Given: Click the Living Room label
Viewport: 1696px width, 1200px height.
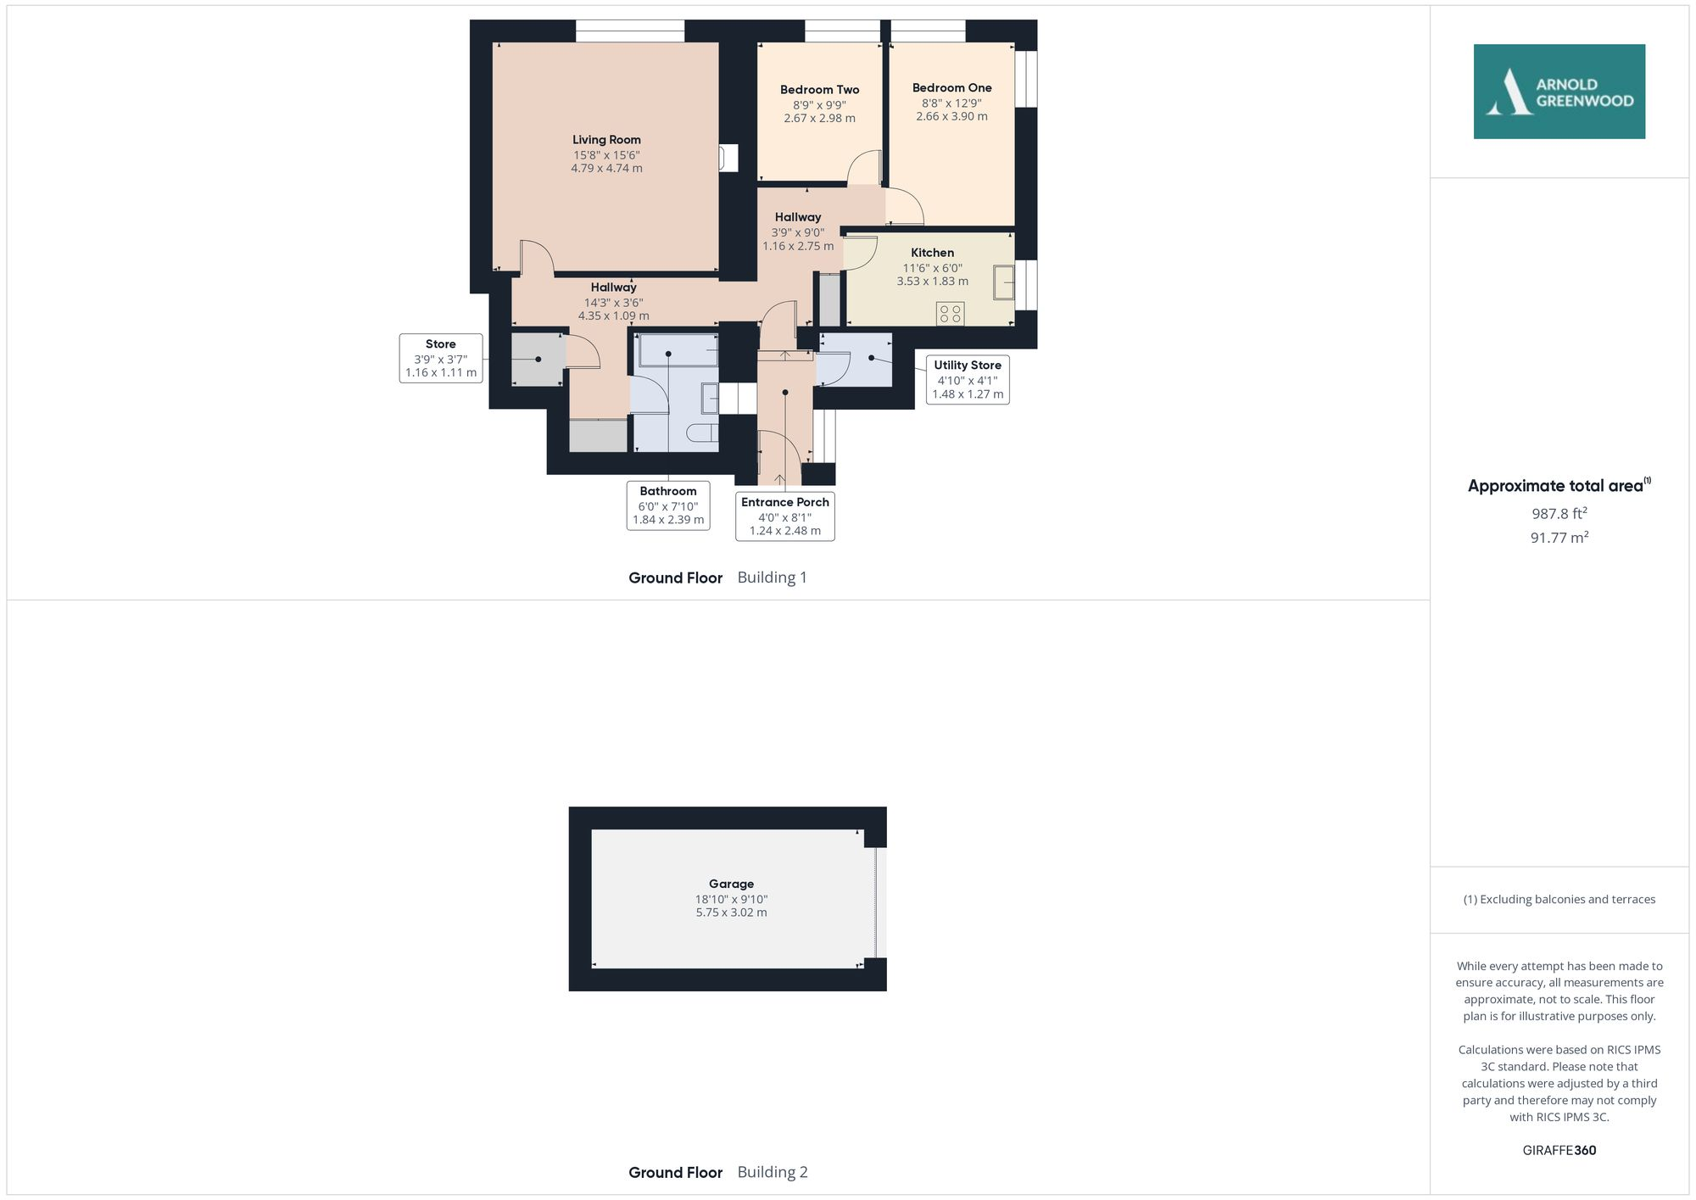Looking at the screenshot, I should pyautogui.click(x=606, y=140).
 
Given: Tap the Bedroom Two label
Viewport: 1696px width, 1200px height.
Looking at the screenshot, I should pyautogui.click(x=819, y=90).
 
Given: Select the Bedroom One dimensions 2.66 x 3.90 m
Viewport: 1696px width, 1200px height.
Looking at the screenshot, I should pyautogui.click(x=951, y=116).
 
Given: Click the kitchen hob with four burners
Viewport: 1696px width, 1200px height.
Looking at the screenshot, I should pyautogui.click(x=950, y=314).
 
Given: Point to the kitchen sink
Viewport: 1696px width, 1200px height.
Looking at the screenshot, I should pyautogui.click(x=1004, y=282).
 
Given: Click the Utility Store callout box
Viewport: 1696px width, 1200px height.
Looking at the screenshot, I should pyautogui.click(x=967, y=379).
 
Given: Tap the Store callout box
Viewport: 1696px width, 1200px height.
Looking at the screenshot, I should pyautogui.click(x=440, y=358).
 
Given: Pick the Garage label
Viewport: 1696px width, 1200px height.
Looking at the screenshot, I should pyautogui.click(x=731, y=884).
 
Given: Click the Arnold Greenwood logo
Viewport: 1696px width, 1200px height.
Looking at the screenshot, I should pyautogui.click(x=1559, y=92).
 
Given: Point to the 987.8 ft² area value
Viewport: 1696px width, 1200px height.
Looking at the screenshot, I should pyautogui.click(x=1559, y=514).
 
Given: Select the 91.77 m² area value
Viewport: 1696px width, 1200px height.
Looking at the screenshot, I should pyautogui.click(x=1559, y=538).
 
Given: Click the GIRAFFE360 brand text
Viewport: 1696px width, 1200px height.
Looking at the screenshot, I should pyautogui.click(x=1559, y=1151).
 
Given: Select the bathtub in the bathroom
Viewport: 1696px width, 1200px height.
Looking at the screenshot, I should pyautogui.click(x=678, y=349).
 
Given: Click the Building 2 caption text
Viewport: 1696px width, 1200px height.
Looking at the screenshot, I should pyautogui.click(x=772, y=1172).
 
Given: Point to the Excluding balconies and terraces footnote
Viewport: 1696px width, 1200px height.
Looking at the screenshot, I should pyautogui.click(x=1559, y=900).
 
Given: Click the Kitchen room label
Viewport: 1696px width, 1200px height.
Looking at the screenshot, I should pyautogui.click(x=932, y=253).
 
